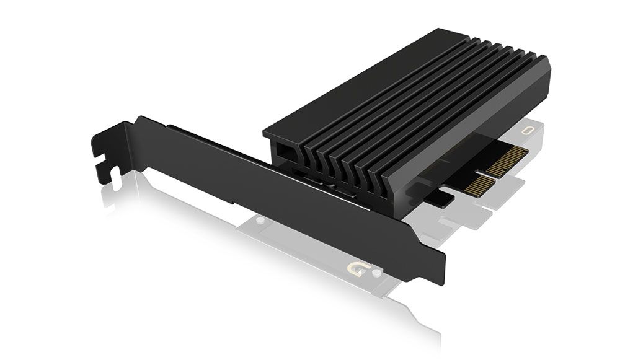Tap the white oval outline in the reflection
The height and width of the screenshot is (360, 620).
(x=529, y=131)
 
